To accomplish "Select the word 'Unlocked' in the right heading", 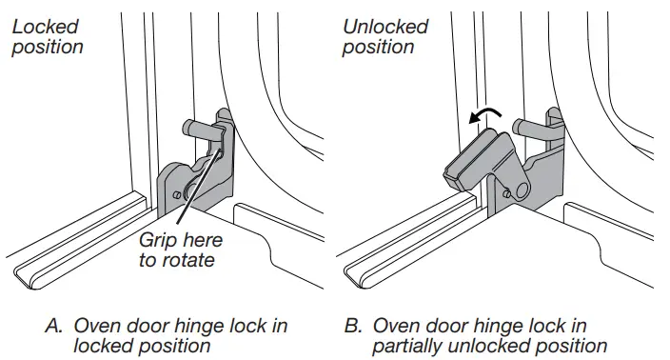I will (385, 27).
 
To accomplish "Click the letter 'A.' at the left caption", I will (54, 326).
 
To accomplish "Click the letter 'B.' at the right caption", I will (353, 326).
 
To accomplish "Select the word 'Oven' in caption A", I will (96, 326).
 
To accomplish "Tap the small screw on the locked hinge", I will (177, 195).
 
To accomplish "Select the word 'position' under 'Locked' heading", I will (48, 48).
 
